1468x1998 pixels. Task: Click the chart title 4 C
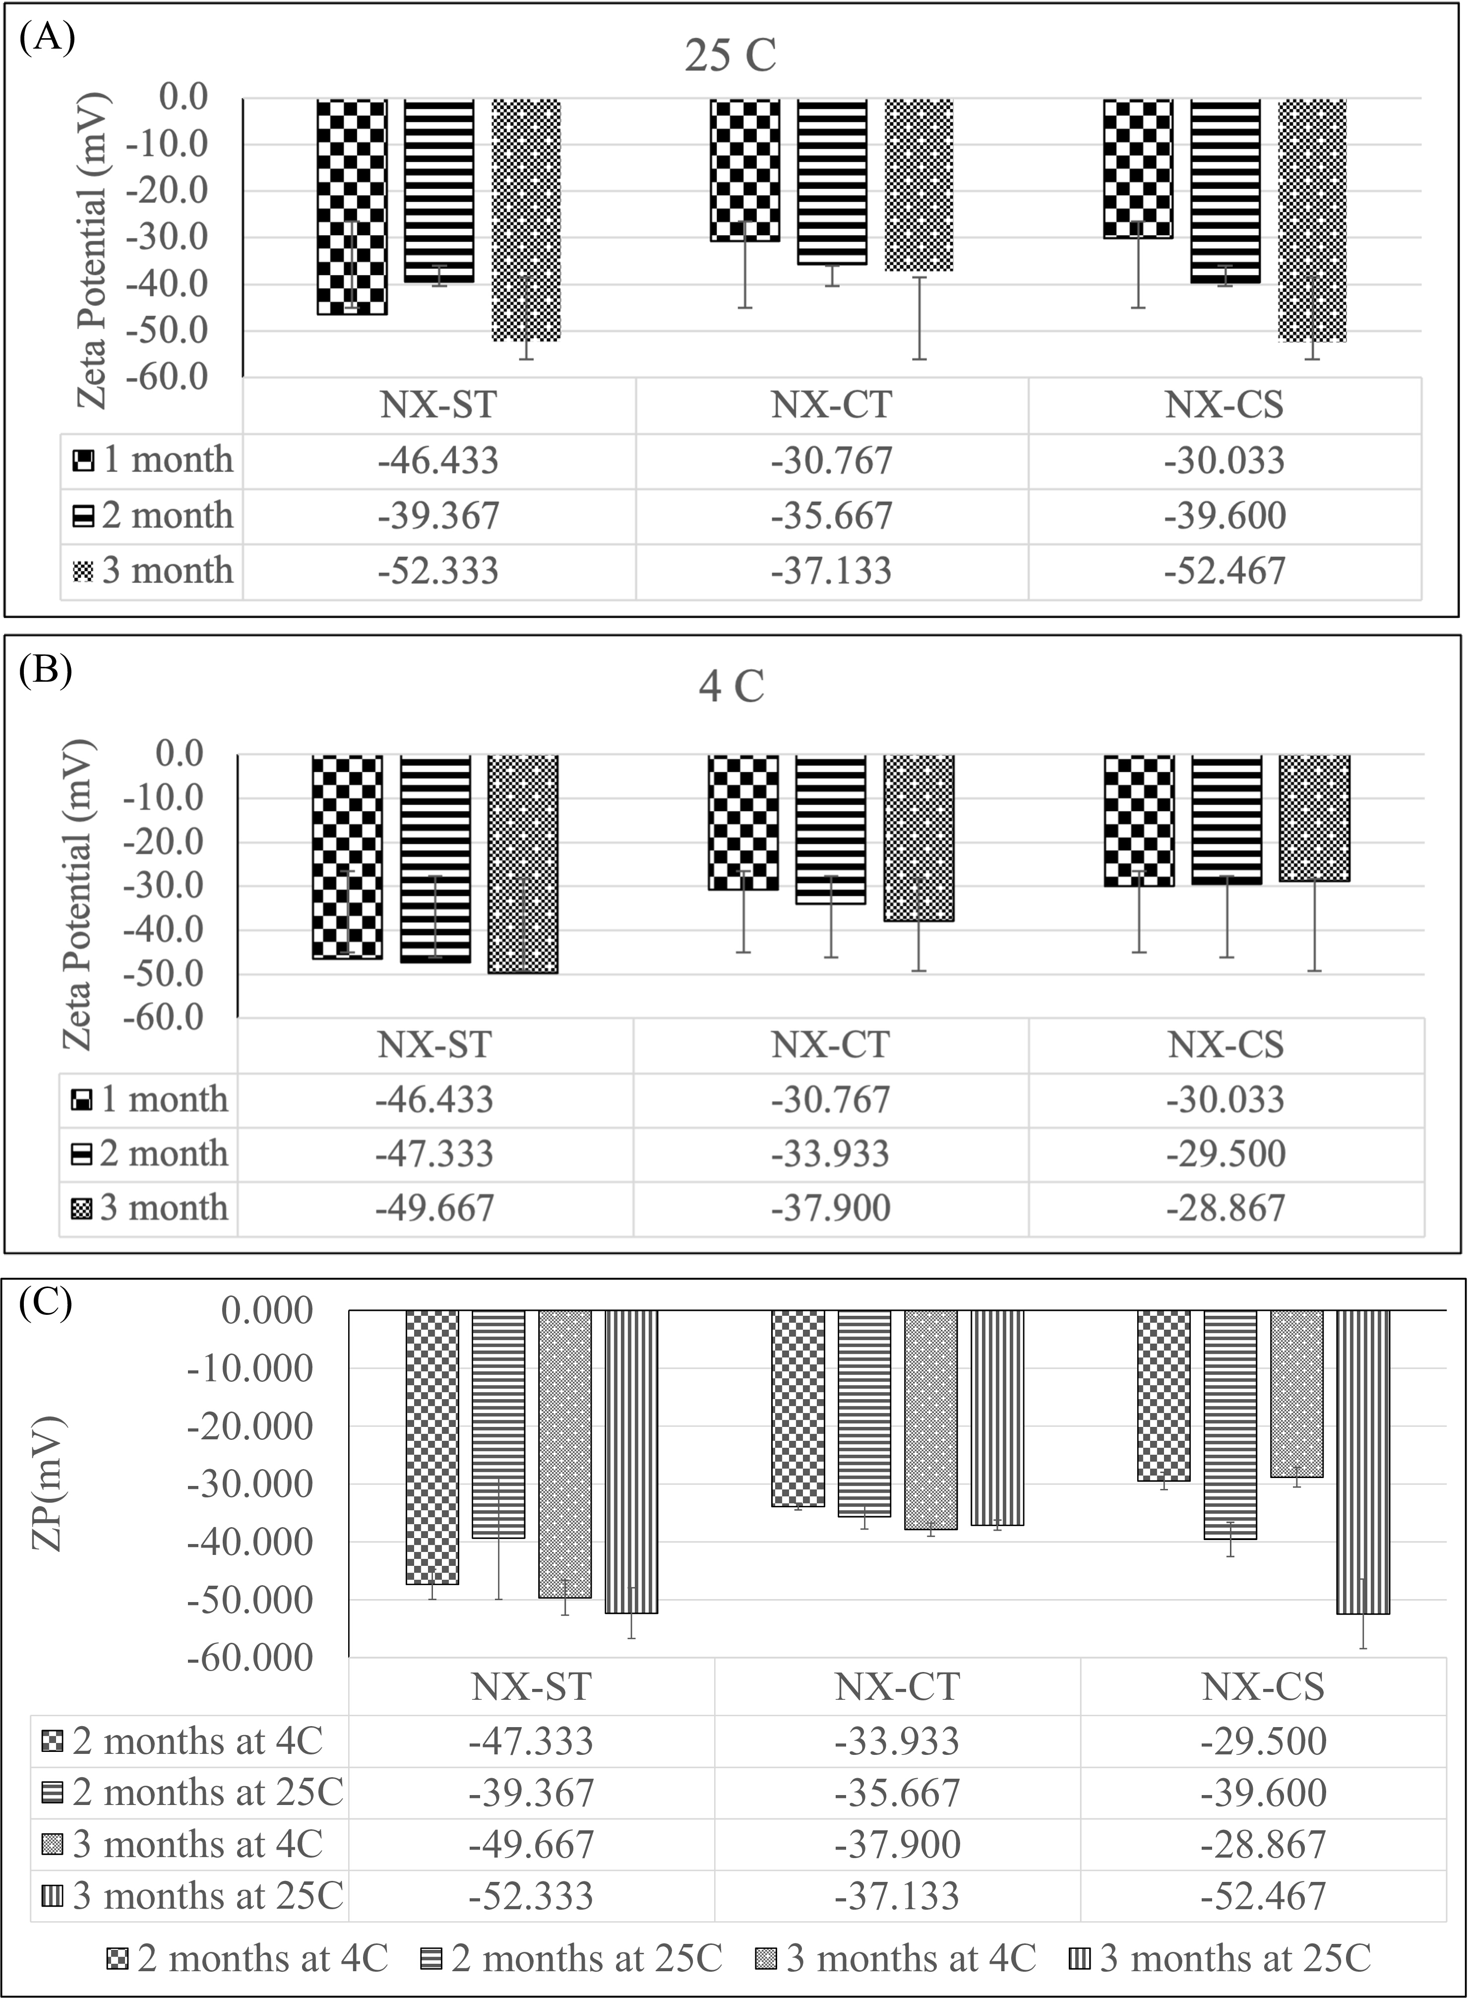[732, 686]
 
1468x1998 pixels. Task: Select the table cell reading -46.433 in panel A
[438, 460]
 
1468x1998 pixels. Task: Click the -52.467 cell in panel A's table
[1224, 571]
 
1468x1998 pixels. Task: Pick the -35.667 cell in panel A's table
[832, 516]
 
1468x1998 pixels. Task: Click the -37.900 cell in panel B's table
[830, 1208]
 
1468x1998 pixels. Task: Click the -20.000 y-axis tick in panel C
[249, 1426]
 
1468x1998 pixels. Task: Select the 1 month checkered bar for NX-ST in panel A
[353, 207]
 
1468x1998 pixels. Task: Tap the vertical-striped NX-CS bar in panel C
[1363, 1461]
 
